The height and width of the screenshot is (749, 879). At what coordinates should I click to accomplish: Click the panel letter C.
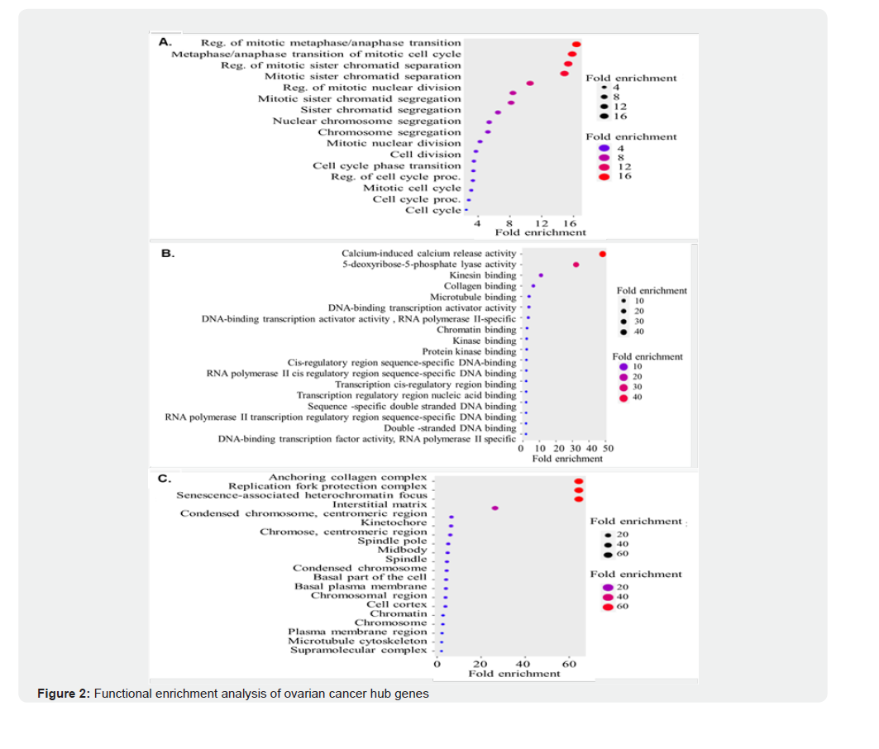(165, 477)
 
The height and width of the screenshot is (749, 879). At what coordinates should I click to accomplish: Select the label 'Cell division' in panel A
(425, 155)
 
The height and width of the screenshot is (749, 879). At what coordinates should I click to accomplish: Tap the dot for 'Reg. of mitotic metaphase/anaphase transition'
(576, 44)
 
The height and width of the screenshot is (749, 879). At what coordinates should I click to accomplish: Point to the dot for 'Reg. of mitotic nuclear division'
(530, 83)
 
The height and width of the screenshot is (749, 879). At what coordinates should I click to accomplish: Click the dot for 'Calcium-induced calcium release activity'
(603, 254)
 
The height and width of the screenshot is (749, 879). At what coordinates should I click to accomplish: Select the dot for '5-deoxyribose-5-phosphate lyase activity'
(576, 265)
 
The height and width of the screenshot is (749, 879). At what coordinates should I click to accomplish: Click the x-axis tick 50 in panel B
(608, 449)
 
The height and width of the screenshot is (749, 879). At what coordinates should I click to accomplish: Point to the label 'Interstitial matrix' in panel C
(379, 504)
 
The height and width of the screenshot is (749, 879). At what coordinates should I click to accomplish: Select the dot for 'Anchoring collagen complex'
(579, 481)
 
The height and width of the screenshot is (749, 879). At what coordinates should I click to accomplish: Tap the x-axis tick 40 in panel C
(523, 664)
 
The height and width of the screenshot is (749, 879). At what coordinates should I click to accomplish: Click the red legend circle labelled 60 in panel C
(608, 607)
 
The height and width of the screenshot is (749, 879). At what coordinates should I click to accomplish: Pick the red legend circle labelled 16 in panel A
(604, 176)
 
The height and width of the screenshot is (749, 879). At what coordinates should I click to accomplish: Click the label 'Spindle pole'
(391, 541)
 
